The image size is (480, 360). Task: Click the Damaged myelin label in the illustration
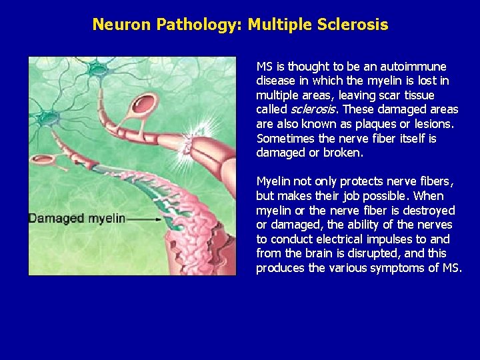tap(77, 218)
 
